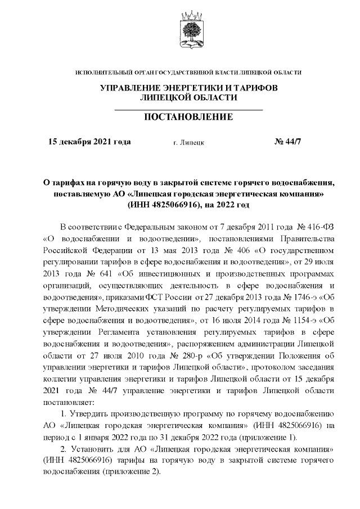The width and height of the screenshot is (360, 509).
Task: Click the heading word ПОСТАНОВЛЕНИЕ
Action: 189,118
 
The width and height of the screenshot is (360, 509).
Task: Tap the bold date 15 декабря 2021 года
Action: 90,142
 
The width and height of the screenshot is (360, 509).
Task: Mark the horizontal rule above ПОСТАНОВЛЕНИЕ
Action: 189,108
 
